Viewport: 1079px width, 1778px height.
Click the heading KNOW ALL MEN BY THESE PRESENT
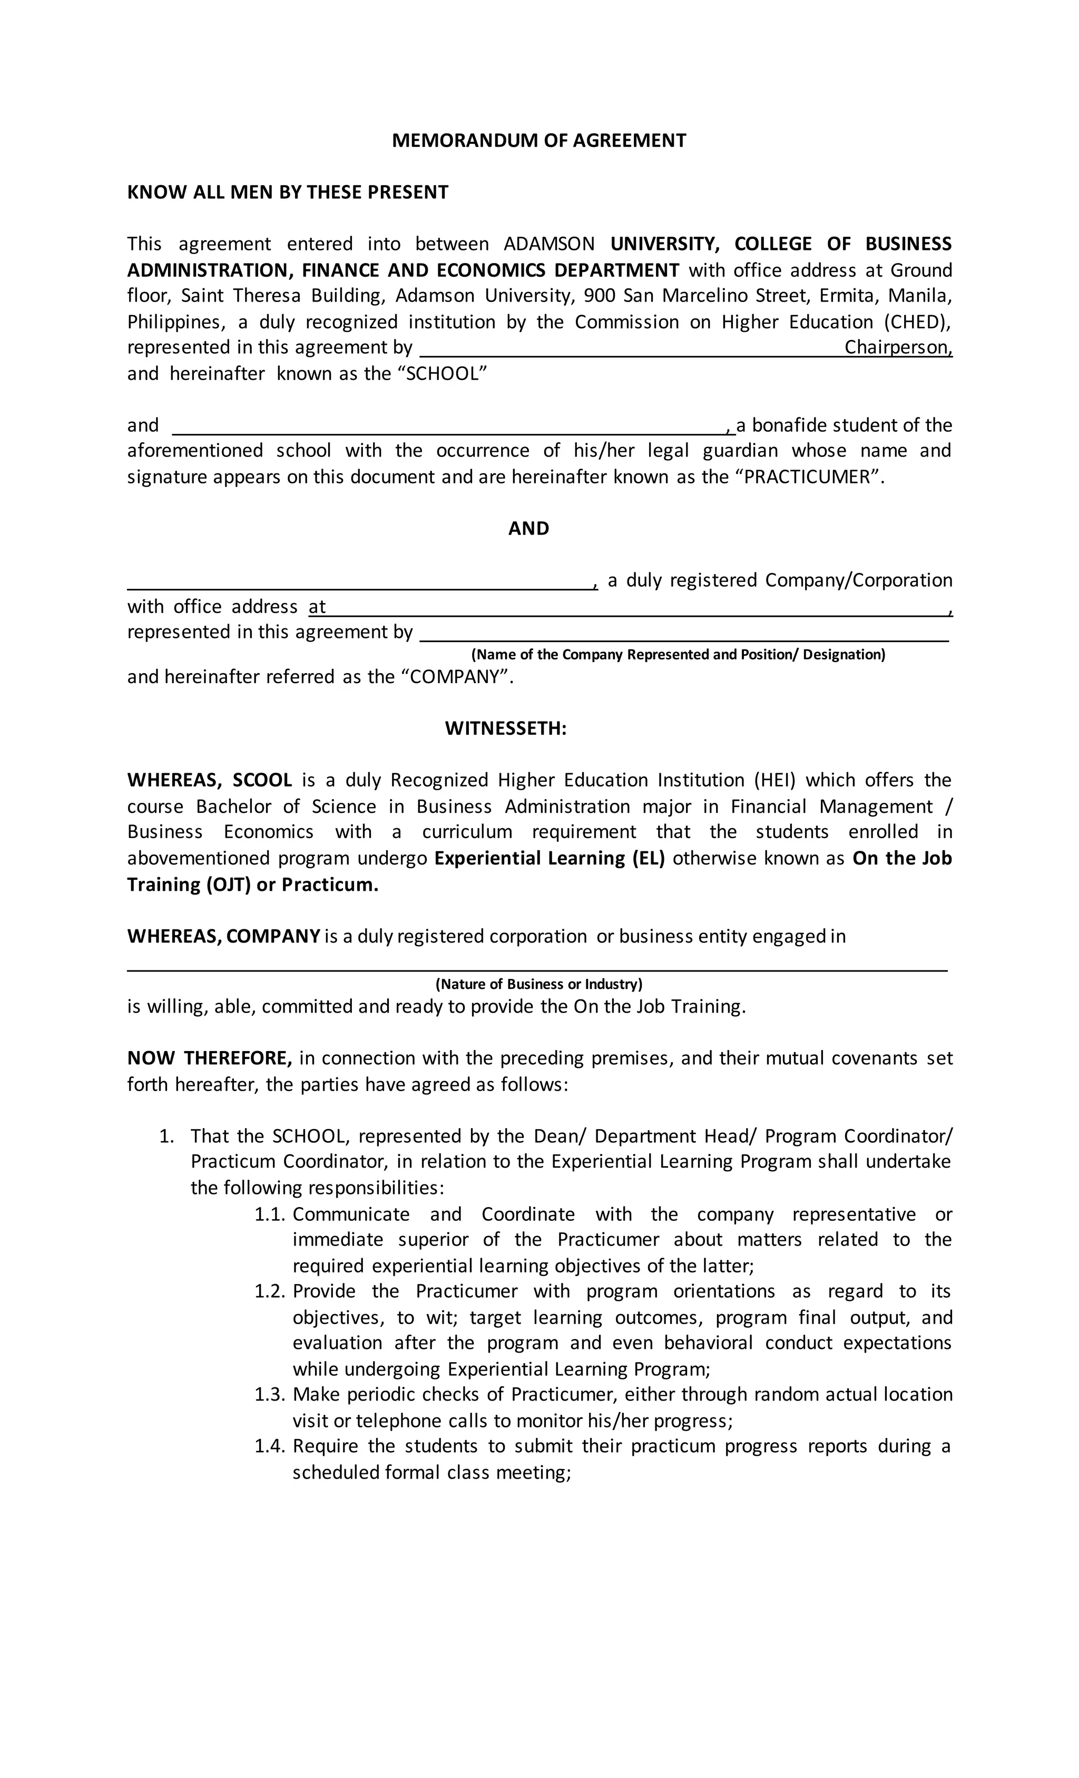coord(288,192)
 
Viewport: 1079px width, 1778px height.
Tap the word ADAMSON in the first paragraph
coord(549,244)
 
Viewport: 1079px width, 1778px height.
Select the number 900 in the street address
coord(599,296)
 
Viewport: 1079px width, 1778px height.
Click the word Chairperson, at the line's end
coord(898,348)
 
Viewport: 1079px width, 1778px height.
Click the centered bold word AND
coord(528,529)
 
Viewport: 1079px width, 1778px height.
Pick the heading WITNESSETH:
coord(506,729)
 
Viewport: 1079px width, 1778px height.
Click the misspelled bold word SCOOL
coord(262,780)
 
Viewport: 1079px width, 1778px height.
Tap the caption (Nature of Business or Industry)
coord(539,984)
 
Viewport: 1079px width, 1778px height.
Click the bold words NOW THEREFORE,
coord(209,1058)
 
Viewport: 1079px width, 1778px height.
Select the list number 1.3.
coord(270,1394)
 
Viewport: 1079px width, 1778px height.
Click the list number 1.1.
coord(270,1214)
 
